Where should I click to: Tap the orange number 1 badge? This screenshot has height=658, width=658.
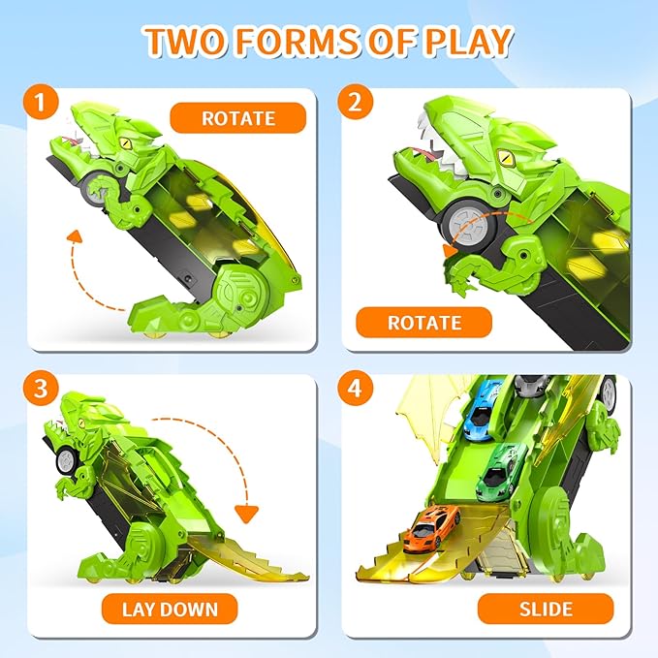tap(41, 103)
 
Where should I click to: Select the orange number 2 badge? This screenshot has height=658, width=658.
tap(355, 102)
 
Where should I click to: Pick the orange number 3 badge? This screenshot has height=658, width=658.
tap(41, 389)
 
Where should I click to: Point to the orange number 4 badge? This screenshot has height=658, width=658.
tap(355, 389)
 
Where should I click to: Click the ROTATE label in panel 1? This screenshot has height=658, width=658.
tap(238, 118)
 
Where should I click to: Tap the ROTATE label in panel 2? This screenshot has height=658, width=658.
tap(423, 323)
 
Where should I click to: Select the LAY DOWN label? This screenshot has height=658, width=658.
tap(170, 609)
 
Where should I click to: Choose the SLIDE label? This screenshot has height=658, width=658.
tap(546, 609)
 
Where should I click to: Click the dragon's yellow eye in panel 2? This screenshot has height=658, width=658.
tap(506, 157)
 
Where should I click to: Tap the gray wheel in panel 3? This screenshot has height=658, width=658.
tap(66, 460)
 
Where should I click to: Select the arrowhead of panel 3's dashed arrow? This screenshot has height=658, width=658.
tap(246, 514)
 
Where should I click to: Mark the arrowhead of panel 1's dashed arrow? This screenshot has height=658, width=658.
tap(76, 236)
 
